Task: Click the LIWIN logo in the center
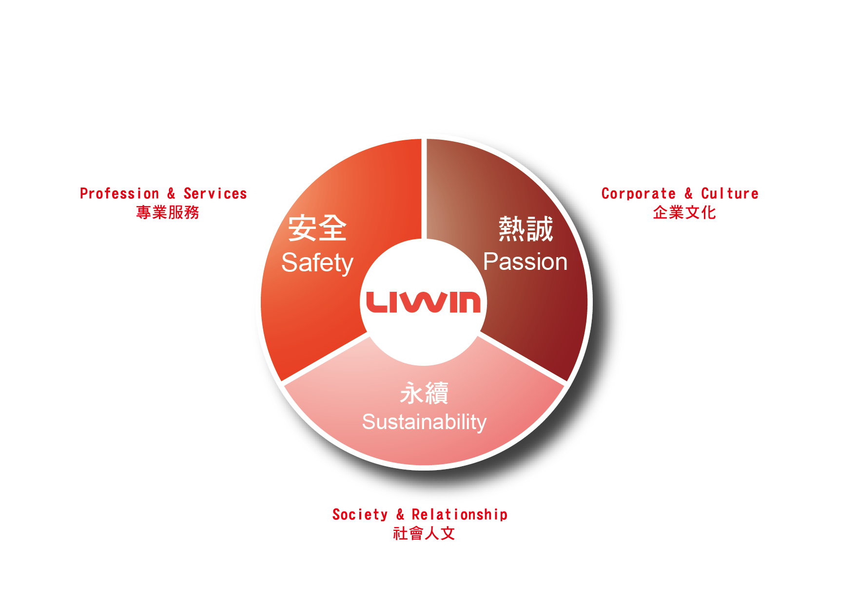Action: point(423,302)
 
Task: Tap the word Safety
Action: point(317,263)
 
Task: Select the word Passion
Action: point(525,262)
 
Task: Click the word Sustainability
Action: point(424,422)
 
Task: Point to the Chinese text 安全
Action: point(317,228)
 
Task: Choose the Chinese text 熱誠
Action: point(525,229)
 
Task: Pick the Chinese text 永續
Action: point(424,393)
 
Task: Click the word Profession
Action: point(119,194)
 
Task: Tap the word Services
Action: point(215,194)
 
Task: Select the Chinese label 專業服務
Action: point(168,212)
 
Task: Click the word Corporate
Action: point(639,194)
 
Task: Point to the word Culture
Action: point(729,194)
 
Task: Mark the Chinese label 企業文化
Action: point(684,212)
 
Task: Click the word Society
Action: point(360,515)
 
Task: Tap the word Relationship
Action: point(459,515)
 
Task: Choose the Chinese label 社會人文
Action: point(424,533)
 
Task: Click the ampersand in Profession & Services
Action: point(171,194)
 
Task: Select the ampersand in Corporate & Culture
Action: point(688,194)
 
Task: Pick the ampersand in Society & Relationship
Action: point(400,515)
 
